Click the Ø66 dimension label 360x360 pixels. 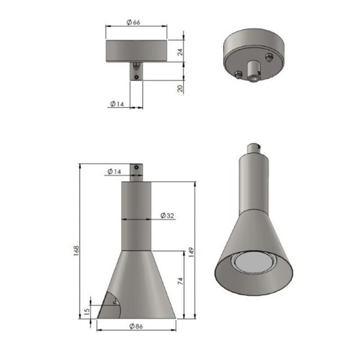click(x=133, y=22)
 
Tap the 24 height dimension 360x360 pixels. click(x=181, y=52)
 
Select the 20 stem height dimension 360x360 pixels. click(x=181, y=88)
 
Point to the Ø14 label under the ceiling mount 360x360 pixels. click(x=117, y=104)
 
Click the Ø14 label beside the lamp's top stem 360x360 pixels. click(x=114, y=172)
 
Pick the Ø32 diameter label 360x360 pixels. click(x=167, y=215)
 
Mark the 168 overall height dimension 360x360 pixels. click(x=76, y=249)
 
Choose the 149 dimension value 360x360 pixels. click(x=191, y=252)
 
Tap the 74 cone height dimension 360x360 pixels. click(x=181, y=281)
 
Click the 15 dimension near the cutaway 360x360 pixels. click(x=87, y=311)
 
